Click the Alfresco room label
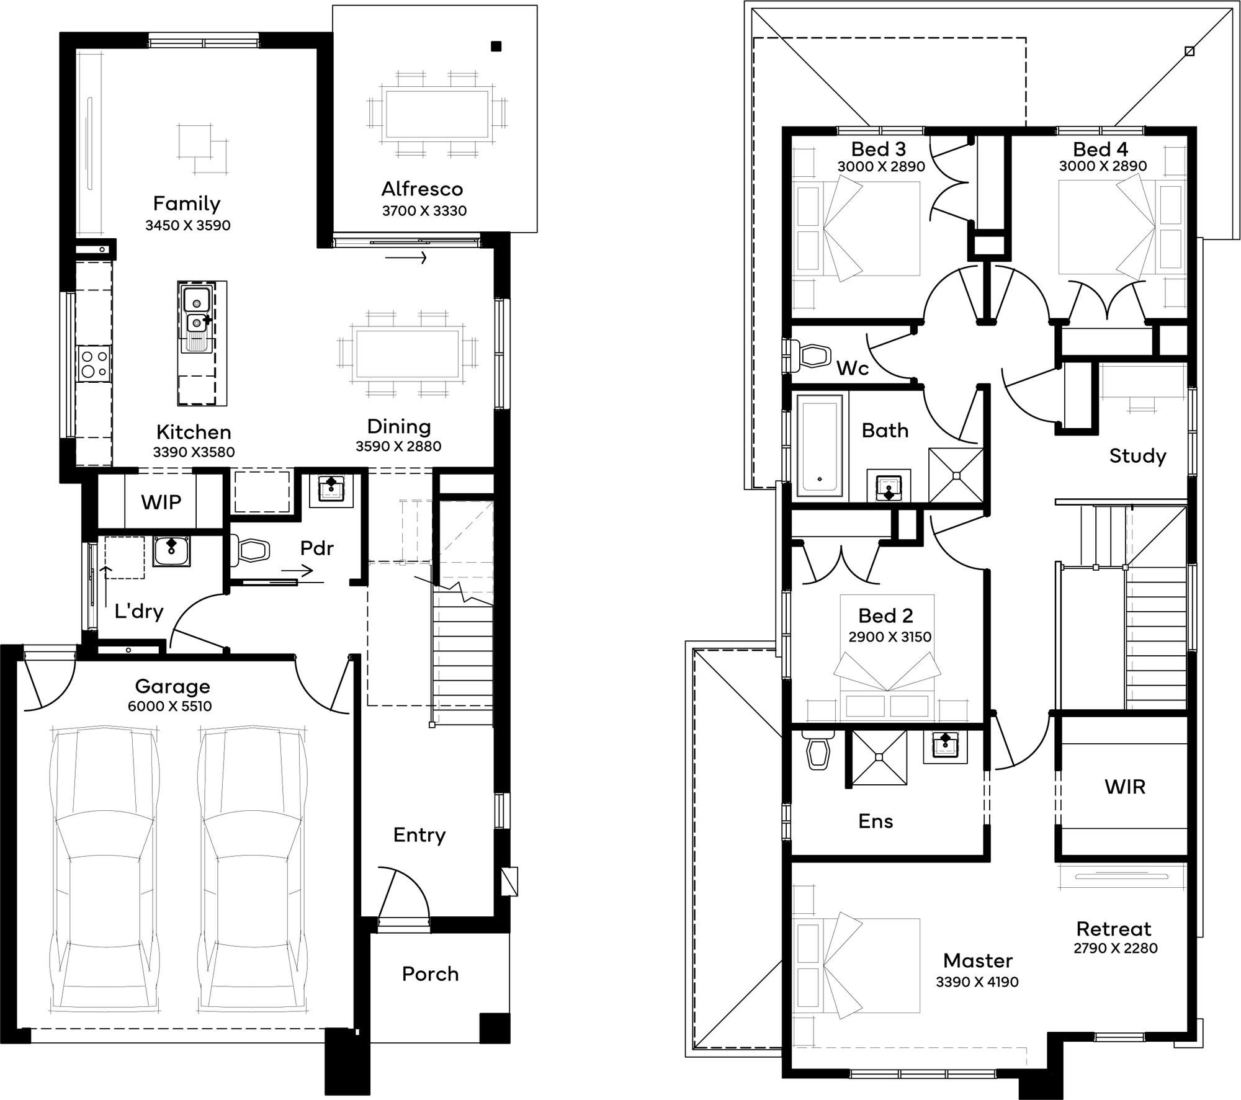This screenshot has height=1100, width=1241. coord(422,189)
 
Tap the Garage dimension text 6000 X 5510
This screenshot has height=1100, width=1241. coord(170,706)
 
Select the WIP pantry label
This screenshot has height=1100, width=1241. coord(161,502)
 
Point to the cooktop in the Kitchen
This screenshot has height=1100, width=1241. coord(94,364)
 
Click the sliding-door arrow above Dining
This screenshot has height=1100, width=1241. coord(406,257)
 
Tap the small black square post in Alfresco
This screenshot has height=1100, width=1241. coord(496,46)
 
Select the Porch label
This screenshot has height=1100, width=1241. coord(430,973)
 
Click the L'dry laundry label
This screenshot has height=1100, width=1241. coord(139,612)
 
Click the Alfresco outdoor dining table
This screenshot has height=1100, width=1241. coord(437,114)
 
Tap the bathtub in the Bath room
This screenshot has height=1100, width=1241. coord(819,445)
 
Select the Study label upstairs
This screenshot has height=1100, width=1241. coord(1137,456)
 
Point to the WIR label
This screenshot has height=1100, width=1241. coord(1124,787)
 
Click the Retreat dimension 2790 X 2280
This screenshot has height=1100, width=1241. coord(1115,947)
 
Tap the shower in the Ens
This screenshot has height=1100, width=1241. coord(879,757)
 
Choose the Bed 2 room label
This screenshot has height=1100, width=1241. coord(885,615)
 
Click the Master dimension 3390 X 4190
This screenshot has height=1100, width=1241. coord(977,982)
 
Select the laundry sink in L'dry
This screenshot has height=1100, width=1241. coord(172,551)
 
